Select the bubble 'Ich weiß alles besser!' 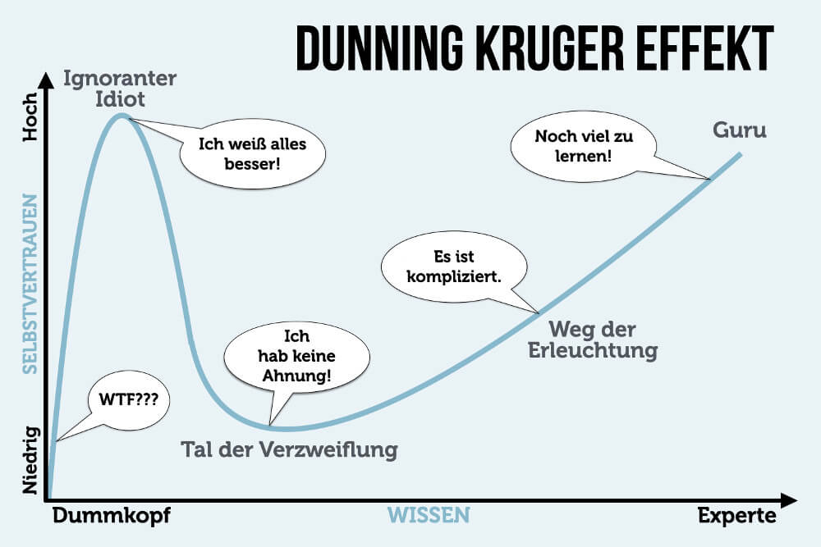click(252, 153)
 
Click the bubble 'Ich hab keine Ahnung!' click(286, 358)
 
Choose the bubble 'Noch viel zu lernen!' click(584, 144)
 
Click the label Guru click(740, 130)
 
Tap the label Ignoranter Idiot click(119, 89)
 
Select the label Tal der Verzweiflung click(288, 449)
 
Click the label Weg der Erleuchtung click(603, 340)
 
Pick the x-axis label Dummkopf click(113, 516)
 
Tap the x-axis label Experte click(736, 516)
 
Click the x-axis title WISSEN click(428, 516)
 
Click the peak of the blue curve click(122, 116)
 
